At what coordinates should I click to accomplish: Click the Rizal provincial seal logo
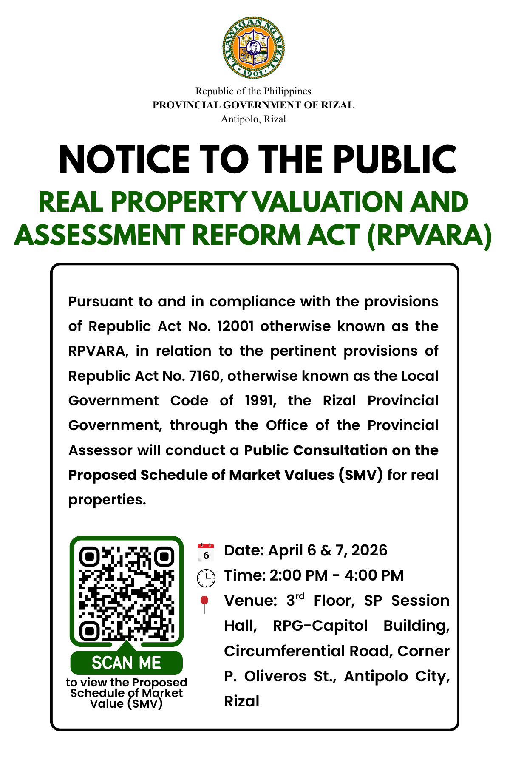tap(254, 48)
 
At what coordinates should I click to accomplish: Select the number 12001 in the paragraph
tap(235, 326)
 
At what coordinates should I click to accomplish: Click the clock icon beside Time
tap(206, 578)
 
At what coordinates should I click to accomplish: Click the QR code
tap(127, 593)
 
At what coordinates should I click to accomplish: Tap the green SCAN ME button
tap(127, 663)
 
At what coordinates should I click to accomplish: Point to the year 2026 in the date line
tap(369, 550)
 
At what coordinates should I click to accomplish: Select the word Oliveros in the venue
tap(275, 676)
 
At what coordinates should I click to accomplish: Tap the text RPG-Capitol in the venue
tap(320, 626)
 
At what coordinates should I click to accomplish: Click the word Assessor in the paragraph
tap(100, 450)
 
